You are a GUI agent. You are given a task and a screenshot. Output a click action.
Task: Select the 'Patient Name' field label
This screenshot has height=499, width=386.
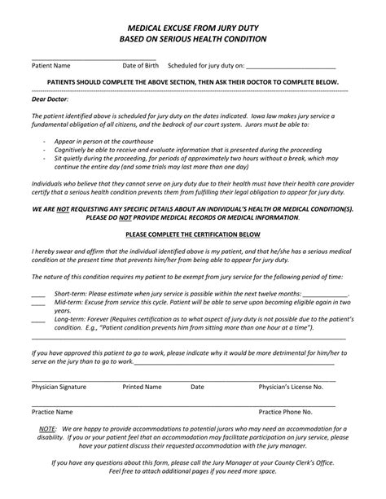coord(50,65)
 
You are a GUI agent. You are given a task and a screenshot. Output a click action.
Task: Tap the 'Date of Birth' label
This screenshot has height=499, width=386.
coord(140,65)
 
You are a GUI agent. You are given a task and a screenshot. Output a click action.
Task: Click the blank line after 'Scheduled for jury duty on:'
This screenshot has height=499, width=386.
coord(290,65)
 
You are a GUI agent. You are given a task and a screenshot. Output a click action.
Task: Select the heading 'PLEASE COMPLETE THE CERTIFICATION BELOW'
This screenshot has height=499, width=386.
coord(193,234)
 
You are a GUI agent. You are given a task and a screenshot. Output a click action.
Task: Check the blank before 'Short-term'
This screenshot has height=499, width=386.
coord(37,291)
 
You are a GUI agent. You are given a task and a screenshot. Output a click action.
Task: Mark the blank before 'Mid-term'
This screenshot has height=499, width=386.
coord(37,301)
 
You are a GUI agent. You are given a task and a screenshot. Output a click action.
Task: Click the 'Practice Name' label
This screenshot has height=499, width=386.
coord(52,412)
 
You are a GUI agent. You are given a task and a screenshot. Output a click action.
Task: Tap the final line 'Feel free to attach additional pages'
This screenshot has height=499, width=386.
coord(193,471)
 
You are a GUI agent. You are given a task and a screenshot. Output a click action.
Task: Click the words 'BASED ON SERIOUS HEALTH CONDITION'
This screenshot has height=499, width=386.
coord(193,38)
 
